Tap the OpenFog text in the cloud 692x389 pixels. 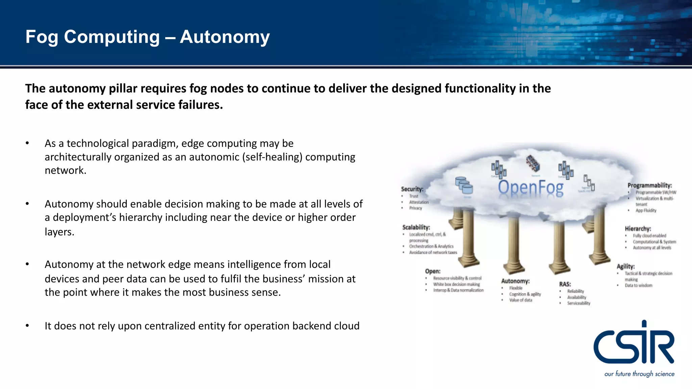530,188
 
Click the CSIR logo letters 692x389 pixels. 634,344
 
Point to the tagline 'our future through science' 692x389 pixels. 639,374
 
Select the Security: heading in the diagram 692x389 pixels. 412,189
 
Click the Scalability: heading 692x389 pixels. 416,227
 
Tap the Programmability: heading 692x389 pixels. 649,185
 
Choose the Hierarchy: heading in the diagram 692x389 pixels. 638,229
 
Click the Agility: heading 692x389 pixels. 625,266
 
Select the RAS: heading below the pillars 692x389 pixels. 565,284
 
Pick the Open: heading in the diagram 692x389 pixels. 432,271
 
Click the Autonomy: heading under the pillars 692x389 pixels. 515,281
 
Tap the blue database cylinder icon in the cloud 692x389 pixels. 464,185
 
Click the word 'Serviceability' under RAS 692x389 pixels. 578,303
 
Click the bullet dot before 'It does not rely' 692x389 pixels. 27,326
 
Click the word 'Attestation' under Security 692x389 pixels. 419,202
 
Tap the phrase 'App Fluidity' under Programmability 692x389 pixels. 646,210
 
